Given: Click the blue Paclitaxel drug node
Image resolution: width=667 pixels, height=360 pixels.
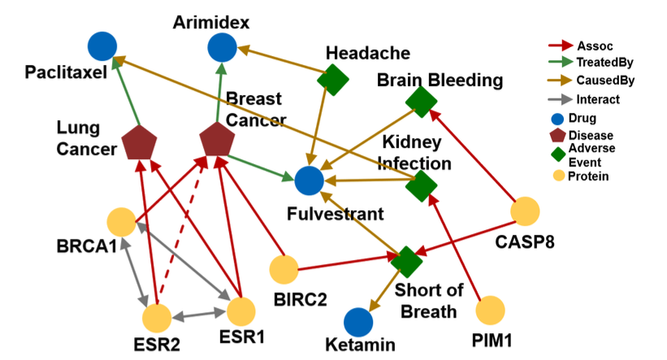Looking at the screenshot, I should coord(102,46).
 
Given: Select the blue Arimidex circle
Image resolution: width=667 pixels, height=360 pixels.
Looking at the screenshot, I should coord(221,48).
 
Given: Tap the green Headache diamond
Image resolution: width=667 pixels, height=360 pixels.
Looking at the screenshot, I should coord(333,80).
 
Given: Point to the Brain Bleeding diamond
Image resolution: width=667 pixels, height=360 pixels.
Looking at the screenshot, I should coord(421,102).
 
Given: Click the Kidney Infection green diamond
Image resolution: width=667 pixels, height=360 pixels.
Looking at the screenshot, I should coord(421,185).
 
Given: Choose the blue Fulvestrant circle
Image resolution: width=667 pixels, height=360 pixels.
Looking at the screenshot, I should coord(309,180).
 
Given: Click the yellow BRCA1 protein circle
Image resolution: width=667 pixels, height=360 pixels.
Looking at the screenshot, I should coord(121,222).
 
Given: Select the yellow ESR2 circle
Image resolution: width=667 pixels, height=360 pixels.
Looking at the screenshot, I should coord(156,318).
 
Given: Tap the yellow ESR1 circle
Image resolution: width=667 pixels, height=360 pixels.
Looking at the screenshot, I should coord(241,311).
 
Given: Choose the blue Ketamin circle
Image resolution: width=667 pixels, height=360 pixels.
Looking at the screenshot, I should coord(357,322).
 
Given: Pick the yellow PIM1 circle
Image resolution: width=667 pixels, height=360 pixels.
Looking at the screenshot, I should coord(491,310).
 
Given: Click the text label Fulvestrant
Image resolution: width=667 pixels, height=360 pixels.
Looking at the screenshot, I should coord(336,215).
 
